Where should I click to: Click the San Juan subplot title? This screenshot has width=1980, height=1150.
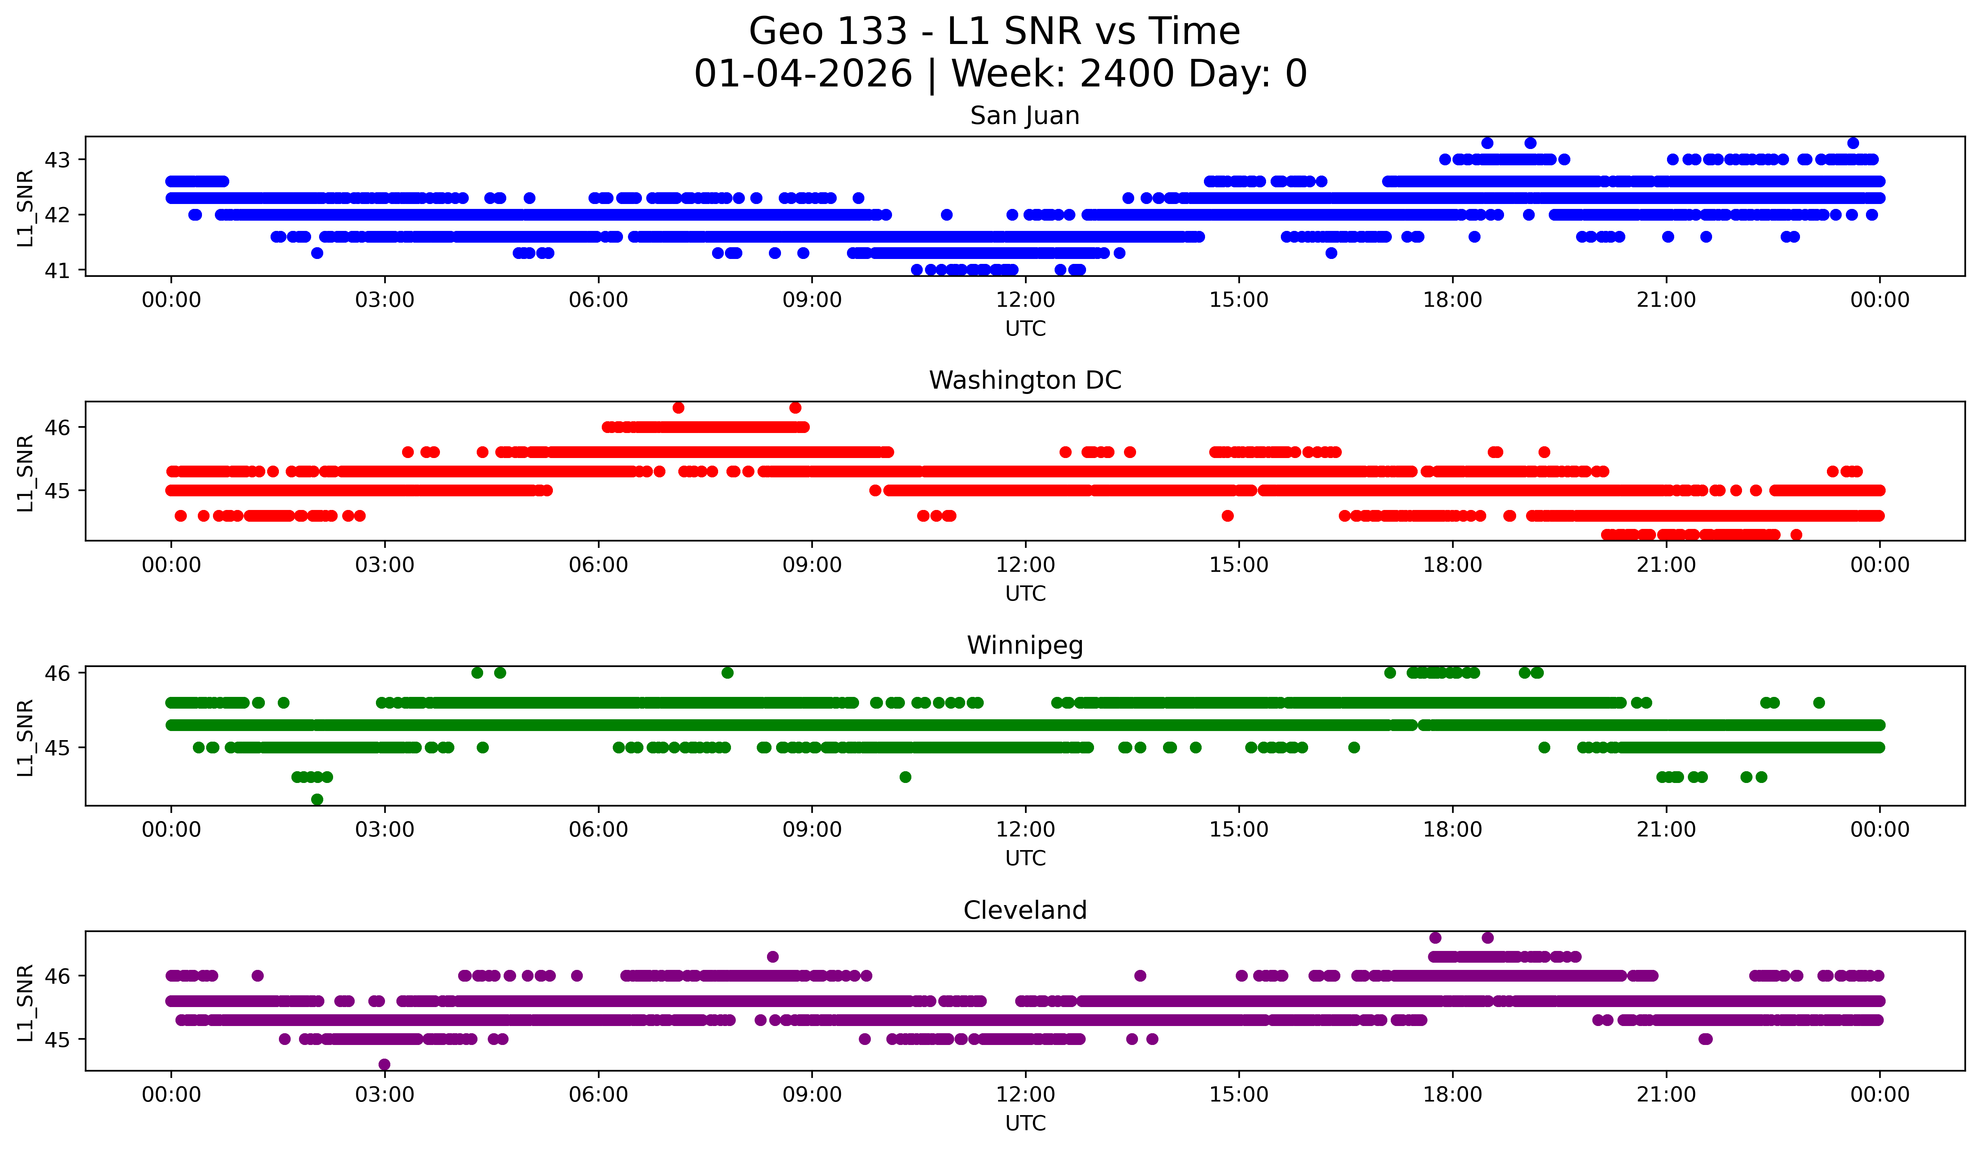coord(1025,116)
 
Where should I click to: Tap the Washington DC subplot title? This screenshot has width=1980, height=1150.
coord(1025,380)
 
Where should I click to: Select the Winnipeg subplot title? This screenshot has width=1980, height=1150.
coord(1025,645)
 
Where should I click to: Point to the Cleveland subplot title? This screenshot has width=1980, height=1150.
coord(1025,910)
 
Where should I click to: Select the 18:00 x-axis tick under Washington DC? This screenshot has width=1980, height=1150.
coord(1452,565)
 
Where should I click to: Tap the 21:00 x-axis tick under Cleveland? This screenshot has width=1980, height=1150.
coord(1666,1095)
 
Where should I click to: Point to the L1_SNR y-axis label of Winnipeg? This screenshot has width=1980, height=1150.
coord(25,737)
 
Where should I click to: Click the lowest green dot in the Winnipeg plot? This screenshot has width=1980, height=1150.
coord(317,799)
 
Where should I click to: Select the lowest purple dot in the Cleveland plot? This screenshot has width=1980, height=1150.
coord(384,1064)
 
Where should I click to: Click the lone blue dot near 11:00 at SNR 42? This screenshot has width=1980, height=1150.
coord(947,215)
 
